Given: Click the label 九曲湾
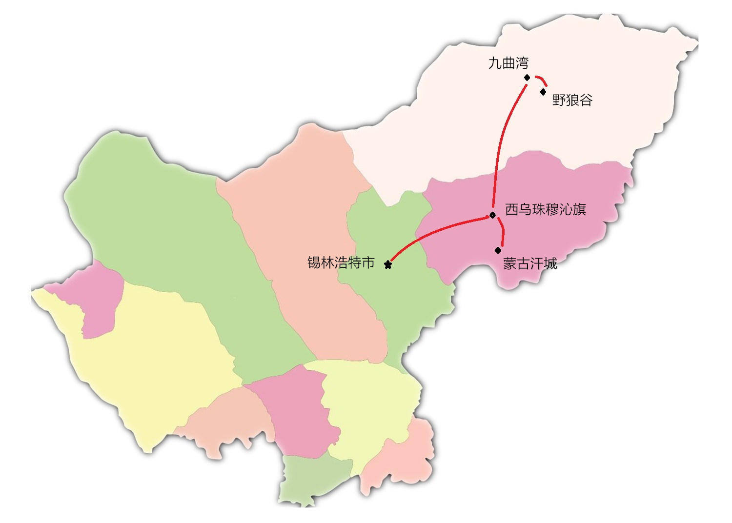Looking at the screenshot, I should point(508,63).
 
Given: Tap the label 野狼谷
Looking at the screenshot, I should point(572,100).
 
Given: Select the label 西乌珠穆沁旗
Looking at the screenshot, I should point(545,209).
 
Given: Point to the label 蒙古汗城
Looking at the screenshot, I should point(529,263).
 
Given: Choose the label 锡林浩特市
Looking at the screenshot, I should point(341,262).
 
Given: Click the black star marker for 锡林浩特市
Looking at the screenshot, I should point(388,265).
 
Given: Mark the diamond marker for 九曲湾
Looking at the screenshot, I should point(527,78).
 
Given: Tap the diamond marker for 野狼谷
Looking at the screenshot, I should point(543,92).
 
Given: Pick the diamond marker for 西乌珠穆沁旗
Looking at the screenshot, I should point(493,215).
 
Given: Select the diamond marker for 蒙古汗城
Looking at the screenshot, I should point(498,250).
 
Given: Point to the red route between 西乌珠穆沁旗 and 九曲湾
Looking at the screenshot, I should point(503,137).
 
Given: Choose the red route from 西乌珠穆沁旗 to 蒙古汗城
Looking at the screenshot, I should point(502,234).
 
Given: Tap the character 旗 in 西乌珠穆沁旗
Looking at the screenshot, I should point(579,209).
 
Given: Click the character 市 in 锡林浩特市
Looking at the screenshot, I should point(368,262).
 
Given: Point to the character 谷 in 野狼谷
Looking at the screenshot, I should point(586,100).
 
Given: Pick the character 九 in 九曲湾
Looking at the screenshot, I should point(495,63).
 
